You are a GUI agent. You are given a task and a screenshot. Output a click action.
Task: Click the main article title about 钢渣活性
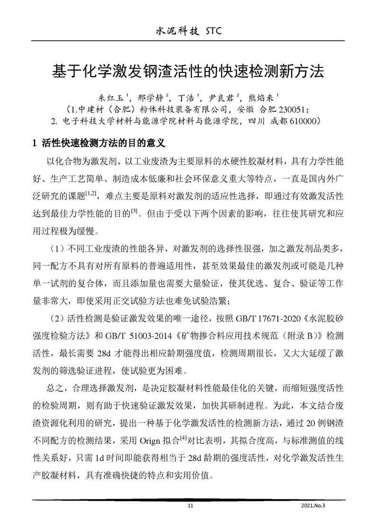click(188, 72)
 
